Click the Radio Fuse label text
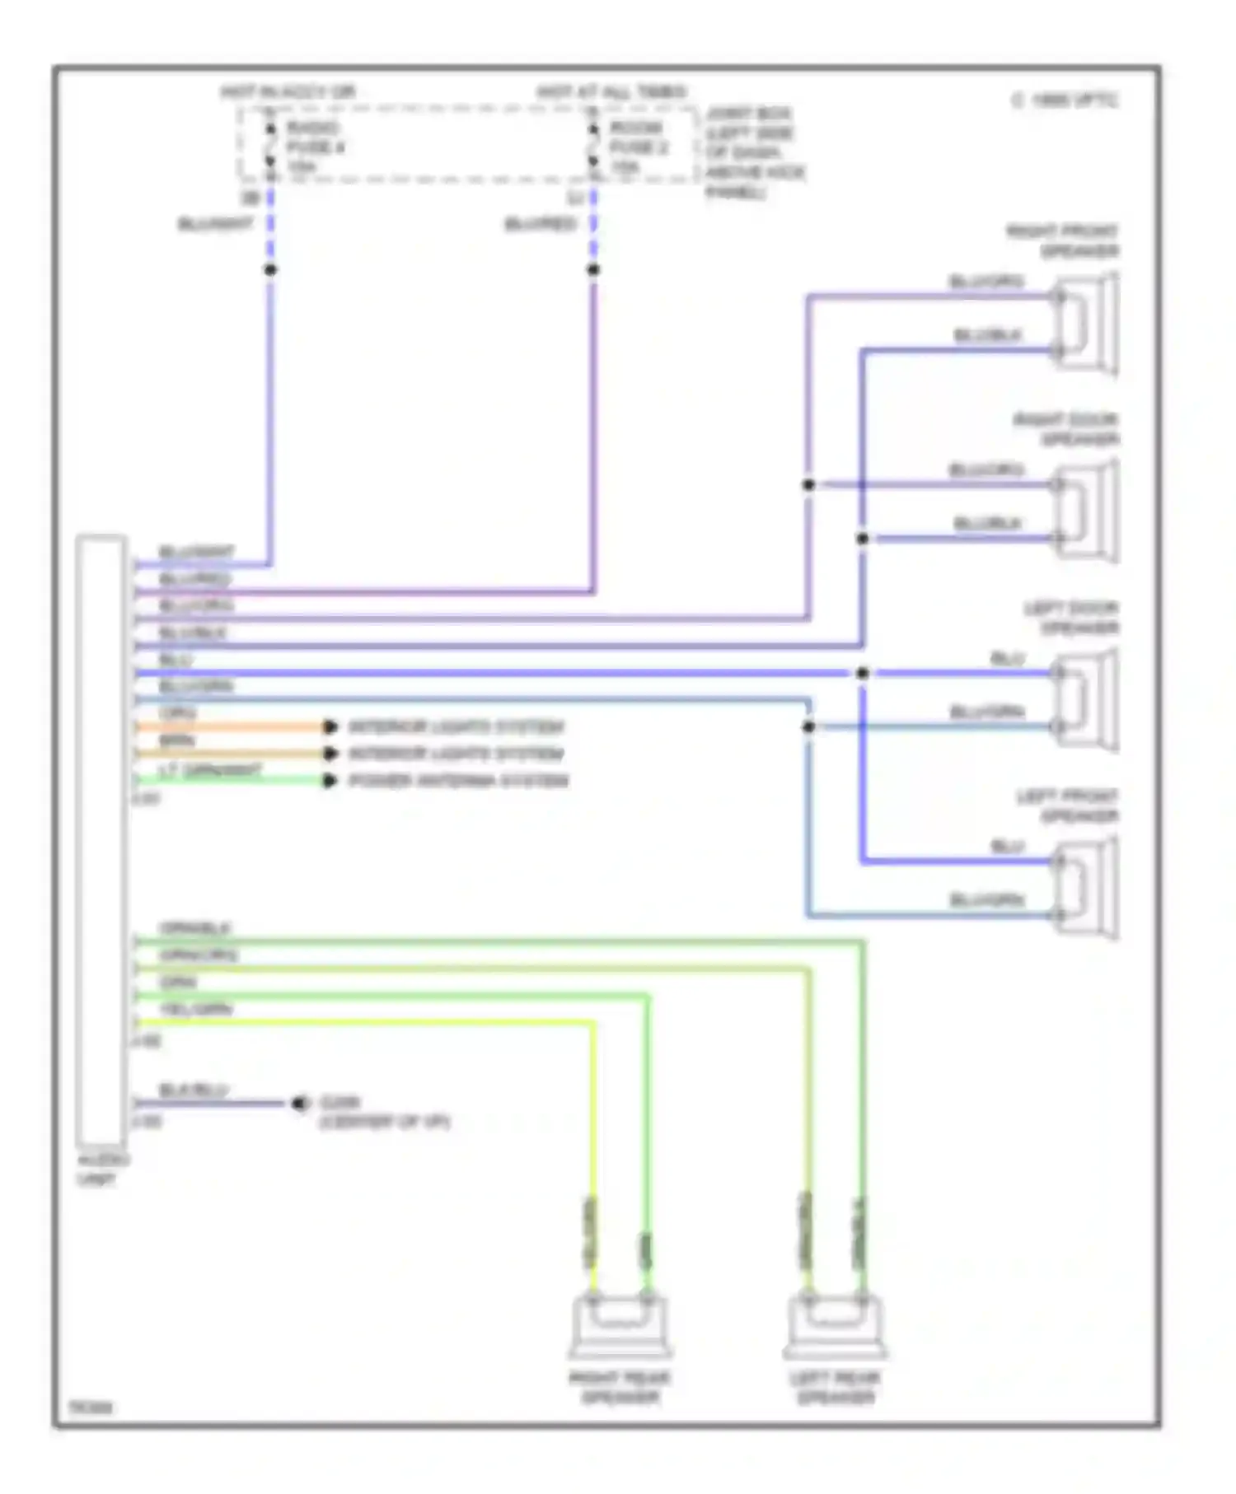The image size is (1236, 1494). click(315, 147)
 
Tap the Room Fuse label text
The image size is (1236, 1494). click(638, 147)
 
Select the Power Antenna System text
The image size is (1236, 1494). click(458, 781)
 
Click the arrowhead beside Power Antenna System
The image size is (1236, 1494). click(330, 781)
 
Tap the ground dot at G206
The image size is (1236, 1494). click(299, 1103)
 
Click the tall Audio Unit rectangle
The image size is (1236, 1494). click(101, 840)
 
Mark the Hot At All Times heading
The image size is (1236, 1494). click(611, 91)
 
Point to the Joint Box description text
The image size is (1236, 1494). click(753, 152)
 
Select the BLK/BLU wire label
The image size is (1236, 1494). click(193, 1090)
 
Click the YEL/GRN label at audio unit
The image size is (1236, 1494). click(196, 1009)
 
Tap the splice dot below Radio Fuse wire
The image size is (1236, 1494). click(270, 269)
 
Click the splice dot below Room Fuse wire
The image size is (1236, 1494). click(593, 269)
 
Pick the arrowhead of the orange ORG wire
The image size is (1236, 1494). click(330, 726)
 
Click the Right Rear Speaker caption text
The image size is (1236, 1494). click(620, 1387)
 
